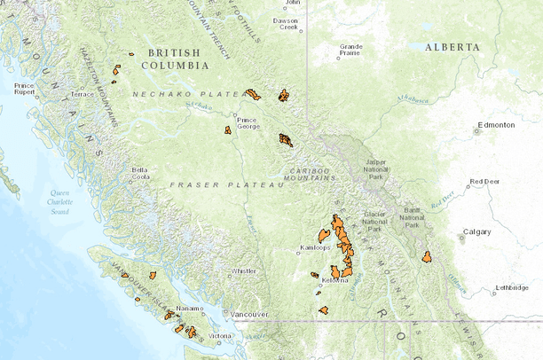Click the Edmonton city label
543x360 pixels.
495,126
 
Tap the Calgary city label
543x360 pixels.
476,232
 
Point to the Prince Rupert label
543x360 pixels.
24,89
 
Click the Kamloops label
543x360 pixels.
315,247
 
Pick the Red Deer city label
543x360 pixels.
484,182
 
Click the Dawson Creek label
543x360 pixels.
286,23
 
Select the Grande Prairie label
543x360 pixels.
350,49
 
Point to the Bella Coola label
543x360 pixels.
140,172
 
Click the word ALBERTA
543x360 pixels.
452,47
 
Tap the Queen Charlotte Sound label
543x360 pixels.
60,202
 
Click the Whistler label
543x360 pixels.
243,271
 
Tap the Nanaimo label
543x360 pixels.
189,309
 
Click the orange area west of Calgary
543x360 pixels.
427,257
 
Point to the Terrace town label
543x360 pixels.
82,94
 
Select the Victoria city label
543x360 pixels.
220,336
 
